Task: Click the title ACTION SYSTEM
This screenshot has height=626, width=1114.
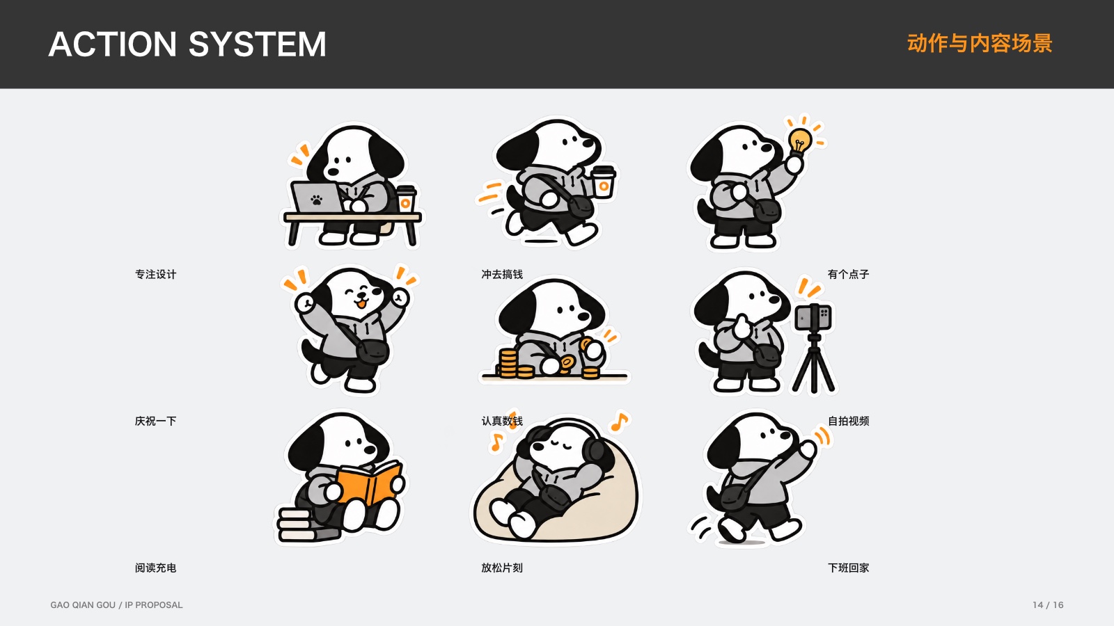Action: pyautogui.click(x=187, y=45)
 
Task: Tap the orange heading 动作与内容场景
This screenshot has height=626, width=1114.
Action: pyautogui.click(x=980, y=44)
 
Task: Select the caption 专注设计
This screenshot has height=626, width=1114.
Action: pyautogui.click(x=156, y=274)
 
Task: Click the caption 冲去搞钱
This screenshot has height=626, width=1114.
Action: pyautogui.click(x=502, y=274)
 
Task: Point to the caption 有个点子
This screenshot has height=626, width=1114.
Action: pyautogui.click(x=849, y=274)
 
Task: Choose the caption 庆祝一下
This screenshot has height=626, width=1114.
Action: pyautogui.click(x=156, y=422)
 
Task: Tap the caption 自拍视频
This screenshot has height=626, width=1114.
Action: pyautogui.click(x=849, y=422)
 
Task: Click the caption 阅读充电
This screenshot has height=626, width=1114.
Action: pyautogui.click(x=156, y=568)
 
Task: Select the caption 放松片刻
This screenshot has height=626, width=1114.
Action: pyautogui.click(x=502, y=568)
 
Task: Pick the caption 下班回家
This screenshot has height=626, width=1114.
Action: pyautogui.click(x=849, y=568)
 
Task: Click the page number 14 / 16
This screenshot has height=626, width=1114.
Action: pyautogui.click(x=1048, y=605)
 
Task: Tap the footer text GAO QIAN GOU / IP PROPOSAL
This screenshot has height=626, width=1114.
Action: pyautogui.click(x=116, y=605)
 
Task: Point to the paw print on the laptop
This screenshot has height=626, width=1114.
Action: pyautogui.click(x=316, y=200)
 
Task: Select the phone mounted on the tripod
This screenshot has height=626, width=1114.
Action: pyautogui.click(x=813, y=317)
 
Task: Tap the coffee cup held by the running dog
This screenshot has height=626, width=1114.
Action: pyautogui.click(x=604, y=182)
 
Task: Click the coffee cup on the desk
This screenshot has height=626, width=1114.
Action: pyautogui.click(x=406, y=199)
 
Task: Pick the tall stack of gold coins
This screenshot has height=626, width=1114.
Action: pyautogui.click(x=508, y=363)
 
